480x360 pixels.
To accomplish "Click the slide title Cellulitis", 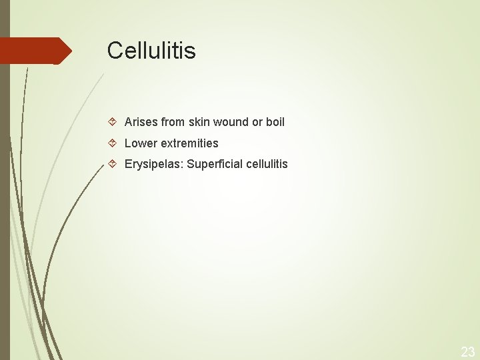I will pyautogui.click(x=151, y=51).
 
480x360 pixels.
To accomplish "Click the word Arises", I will pyautogui.click(x=141, y=122).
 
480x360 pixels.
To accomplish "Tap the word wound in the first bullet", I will pyautogui.click(x=231, y=122).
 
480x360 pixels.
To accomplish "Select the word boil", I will pyautogui.click(x=275, y=122).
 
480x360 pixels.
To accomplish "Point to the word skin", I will pyautogui.click(x=199, y=122).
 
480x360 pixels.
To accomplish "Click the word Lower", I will pyautogui.click(x=139, y=143).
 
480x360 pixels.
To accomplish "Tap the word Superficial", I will pyautogui.click(x=215, y=164).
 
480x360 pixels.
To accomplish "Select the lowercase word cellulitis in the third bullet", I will pyautogui.click(x=267, y=164).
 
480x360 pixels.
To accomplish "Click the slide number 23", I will pyautogui.click(x=468, y=352).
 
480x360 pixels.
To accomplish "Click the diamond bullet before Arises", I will pyautogui.click(x=113, y=122).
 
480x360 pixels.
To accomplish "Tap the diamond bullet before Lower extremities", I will pyautogui.click(x=113, y=143).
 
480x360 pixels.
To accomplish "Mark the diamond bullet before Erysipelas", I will pyautogui.click(x=113, y=164).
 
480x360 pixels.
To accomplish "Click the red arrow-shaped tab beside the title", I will pyautogui.click(x=33, y=51).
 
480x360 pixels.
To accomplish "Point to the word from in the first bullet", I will pyautogui.click(x=173, y=122).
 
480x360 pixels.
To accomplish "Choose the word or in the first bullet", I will pyautogui.click(x=257, y=122).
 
